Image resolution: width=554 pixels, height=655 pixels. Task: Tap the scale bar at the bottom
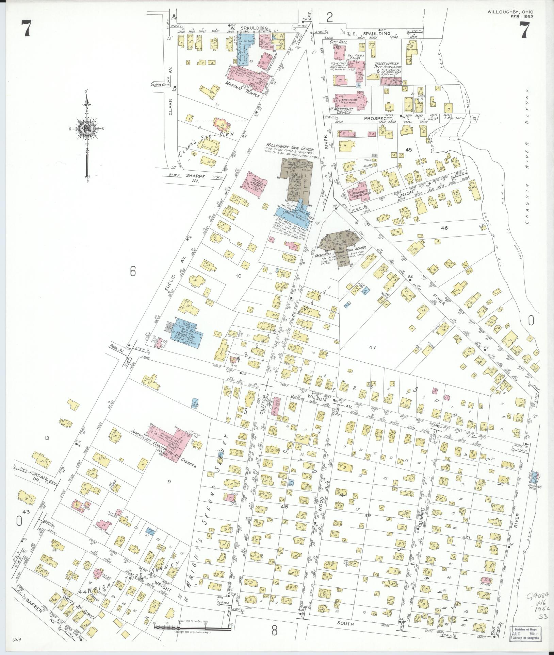point(192,626)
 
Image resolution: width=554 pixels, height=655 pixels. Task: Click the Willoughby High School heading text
point(290,149)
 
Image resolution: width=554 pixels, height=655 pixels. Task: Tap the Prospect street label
point(374,118)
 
